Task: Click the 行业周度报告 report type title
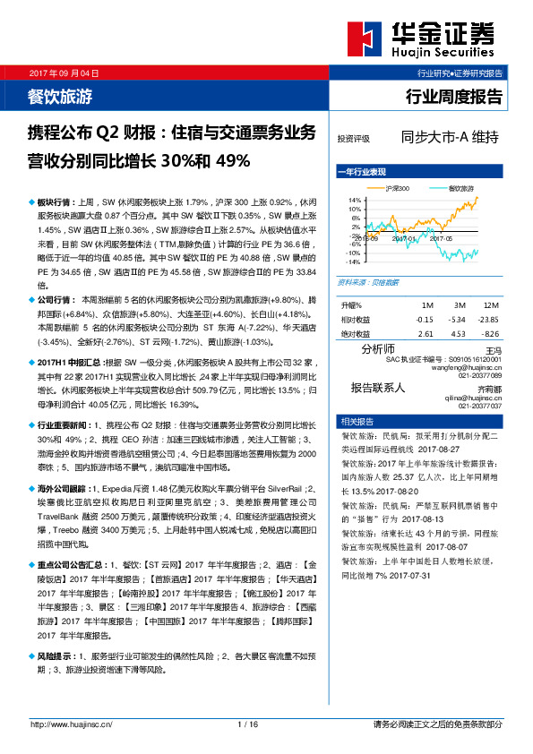454,96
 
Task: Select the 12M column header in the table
490,306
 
